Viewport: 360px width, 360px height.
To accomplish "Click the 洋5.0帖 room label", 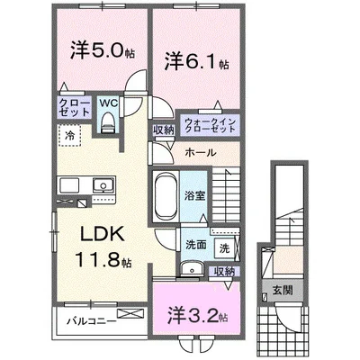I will click(x=94, y=49).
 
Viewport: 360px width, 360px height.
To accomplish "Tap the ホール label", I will click(x=199, y=153).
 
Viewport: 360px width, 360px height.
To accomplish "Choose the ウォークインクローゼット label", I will click(x=210, y=125).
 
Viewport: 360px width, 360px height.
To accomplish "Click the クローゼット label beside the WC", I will click(x=75, y=108).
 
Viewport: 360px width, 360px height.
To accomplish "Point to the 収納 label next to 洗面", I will click(x=225, y=271).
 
